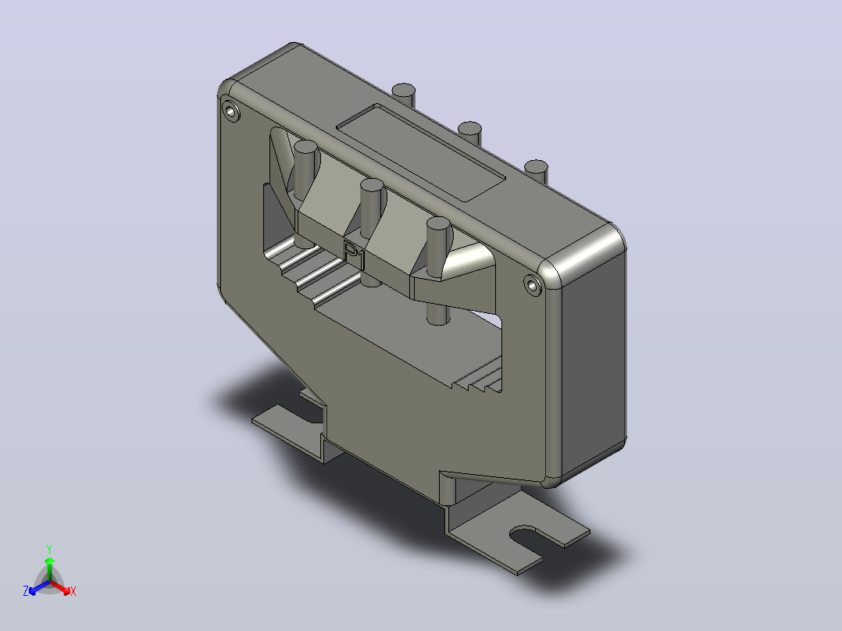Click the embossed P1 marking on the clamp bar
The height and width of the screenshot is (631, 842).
coord(355,255)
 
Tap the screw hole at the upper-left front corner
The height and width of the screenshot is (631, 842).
coord(231,112)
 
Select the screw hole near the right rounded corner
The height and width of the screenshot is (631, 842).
coord(532,285)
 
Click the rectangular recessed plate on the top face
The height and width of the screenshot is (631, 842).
coord(420,153)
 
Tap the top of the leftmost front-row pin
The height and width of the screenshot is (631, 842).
coord(305,147)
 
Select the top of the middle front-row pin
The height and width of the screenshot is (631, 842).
coord(372,185)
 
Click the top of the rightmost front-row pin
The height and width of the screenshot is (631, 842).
coord(438,224)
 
